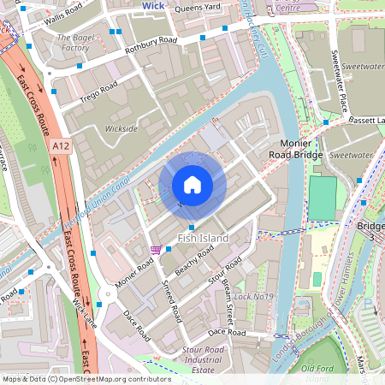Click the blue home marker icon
click(x=192, y=185)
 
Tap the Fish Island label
click(x=203, y=238)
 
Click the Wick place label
click(x=153, y=5)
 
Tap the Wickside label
click(x=120, y=129)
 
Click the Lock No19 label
click(x=254, y=297)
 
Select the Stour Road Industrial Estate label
click(x=204, y=359)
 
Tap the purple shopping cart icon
click(x=155, y=250)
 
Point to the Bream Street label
click(x=228, y=292)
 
